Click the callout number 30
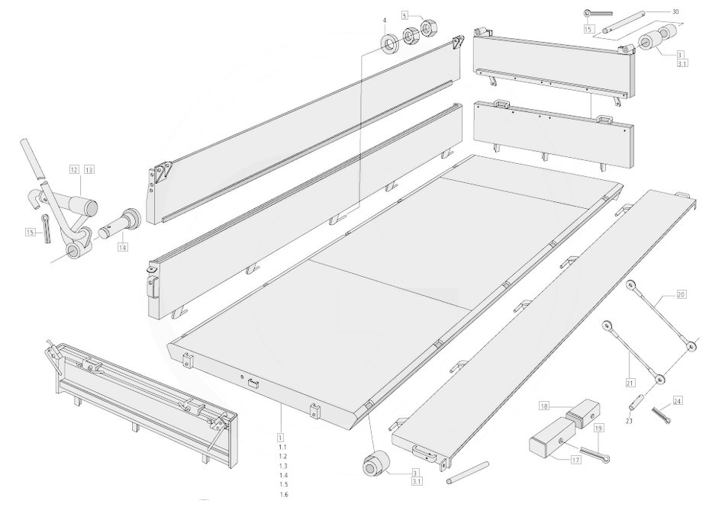click(x=675, y=12)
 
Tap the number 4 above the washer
click(x=384, y=21)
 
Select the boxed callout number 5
click(x=405, y=16)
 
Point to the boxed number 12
click(x=75, y=169)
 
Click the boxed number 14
click(x=122, y=247)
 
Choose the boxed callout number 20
click(x=681, y=294)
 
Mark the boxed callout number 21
click(x=630, y=382)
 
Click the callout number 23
click(x=630, y=421)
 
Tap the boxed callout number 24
click(x=678, y=401)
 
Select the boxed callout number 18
click(x=544, y=406)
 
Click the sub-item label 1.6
click(x=283, y=495)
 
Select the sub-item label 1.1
click(x=283, y=447)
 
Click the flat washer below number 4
click(x=391, y=43)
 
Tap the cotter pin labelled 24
click(x=662, y=415)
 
